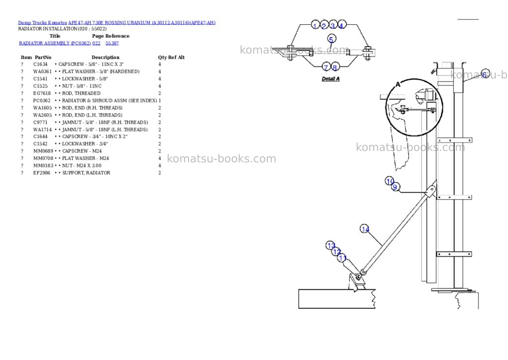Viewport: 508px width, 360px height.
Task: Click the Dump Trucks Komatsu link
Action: pos(43,23)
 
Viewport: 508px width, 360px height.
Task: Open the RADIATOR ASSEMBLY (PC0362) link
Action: pos(55,43)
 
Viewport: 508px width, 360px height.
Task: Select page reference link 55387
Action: pos(112,43)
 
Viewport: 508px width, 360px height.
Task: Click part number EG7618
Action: pos(42,93)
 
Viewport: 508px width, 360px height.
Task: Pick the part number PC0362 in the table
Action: pos(42,100)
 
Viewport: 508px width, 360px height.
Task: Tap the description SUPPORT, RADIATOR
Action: pos(86,173)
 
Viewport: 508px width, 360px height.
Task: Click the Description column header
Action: pos(105,58)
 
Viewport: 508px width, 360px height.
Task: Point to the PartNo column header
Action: pos(43,58)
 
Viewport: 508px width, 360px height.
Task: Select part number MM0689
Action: pos(43,151)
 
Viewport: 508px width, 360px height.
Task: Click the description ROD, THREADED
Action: pos(81,93)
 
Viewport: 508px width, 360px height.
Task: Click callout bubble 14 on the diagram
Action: pos(365,229)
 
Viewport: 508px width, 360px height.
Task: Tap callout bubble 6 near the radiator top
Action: pos(485,73)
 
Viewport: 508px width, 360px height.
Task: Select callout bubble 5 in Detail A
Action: pos(331,39)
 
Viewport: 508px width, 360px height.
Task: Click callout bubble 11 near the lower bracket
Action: pos(342,258)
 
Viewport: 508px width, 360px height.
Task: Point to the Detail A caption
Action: pos(330,79)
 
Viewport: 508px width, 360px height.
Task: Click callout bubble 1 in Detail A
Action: pos(316,25)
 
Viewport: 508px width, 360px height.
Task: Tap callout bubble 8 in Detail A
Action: pos(335,68)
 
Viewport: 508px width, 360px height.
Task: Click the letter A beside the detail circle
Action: pos(398,84)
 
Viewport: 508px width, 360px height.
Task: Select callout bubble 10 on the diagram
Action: pos(389,181)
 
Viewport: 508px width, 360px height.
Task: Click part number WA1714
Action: pos(43,130)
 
